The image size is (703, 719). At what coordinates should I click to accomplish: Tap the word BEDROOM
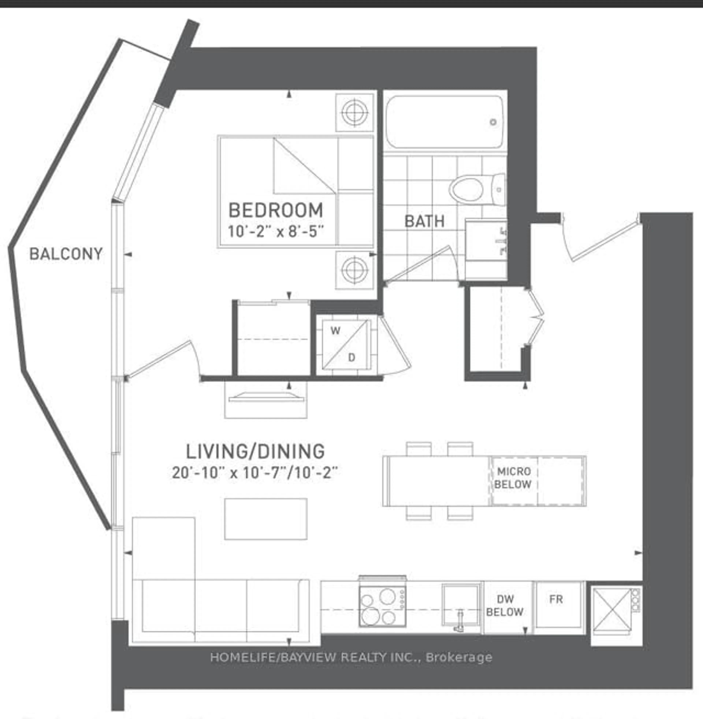[276, 210]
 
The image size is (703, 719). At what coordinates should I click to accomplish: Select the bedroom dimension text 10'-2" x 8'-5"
[276, 232]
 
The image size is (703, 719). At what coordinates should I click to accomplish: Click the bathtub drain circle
[493, 122]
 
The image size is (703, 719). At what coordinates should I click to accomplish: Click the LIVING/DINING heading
[255, 451]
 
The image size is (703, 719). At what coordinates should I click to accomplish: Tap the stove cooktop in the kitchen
[382, 607]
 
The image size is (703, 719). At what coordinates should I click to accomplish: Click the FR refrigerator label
[556, 599]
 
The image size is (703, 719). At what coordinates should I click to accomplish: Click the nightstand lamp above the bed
[354, 112]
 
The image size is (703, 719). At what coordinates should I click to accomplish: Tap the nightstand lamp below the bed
[354, 270]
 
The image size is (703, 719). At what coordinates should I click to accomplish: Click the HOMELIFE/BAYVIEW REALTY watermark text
[351, 657]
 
